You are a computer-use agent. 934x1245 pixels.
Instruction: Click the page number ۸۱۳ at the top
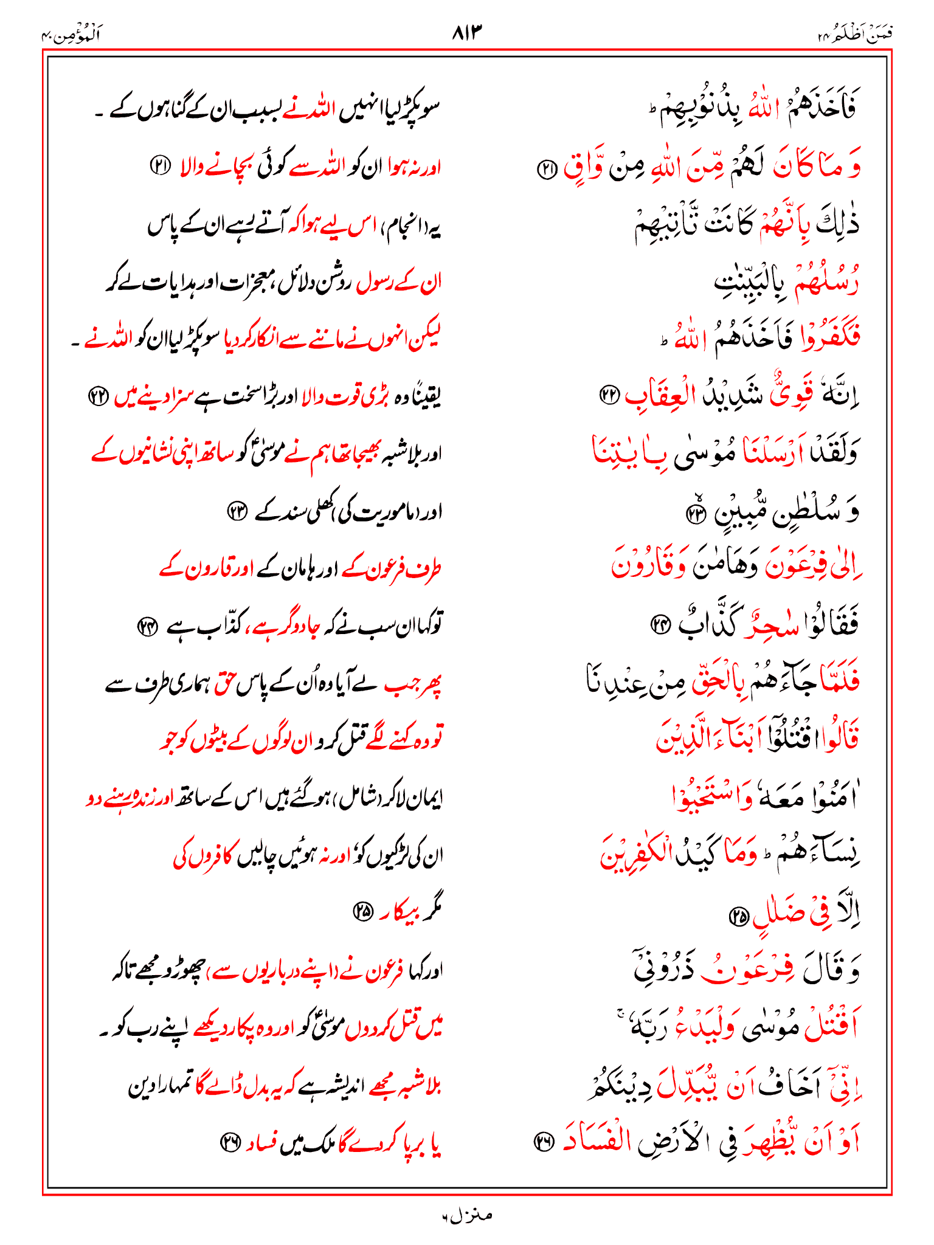pos(467,32)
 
